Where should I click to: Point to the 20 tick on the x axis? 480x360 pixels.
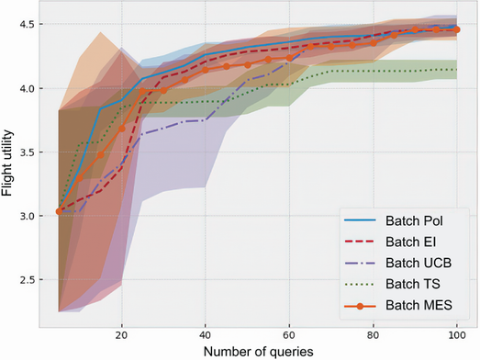tap(121, 336)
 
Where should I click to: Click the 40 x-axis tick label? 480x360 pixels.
tap(205, 336)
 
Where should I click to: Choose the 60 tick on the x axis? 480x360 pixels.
tap(289, 336)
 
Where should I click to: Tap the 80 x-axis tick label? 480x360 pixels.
tap(373, 336)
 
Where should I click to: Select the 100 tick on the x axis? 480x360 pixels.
tap(456, 336)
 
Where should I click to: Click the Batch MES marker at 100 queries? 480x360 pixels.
tap(456, 29)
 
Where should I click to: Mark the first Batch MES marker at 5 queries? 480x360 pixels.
tap(59, 211)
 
